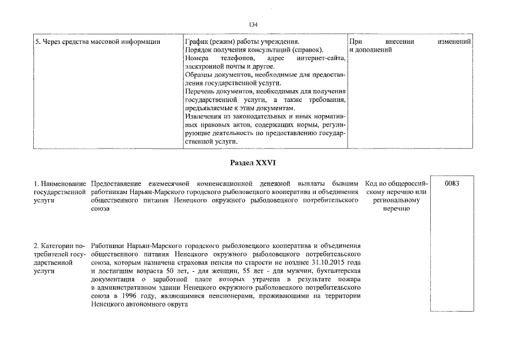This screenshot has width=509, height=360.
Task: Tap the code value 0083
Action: tap(452, 183)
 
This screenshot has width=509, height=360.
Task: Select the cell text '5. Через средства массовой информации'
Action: tap(97, 42)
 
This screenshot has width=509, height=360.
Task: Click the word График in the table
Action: tap(197, 42)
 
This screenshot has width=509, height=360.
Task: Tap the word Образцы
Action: tap(199, 75)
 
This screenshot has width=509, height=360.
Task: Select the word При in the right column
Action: tap(355, 42)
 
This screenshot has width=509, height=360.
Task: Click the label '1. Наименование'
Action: tap(60, 184)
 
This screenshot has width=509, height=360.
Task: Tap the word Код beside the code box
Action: tap(371, 184)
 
